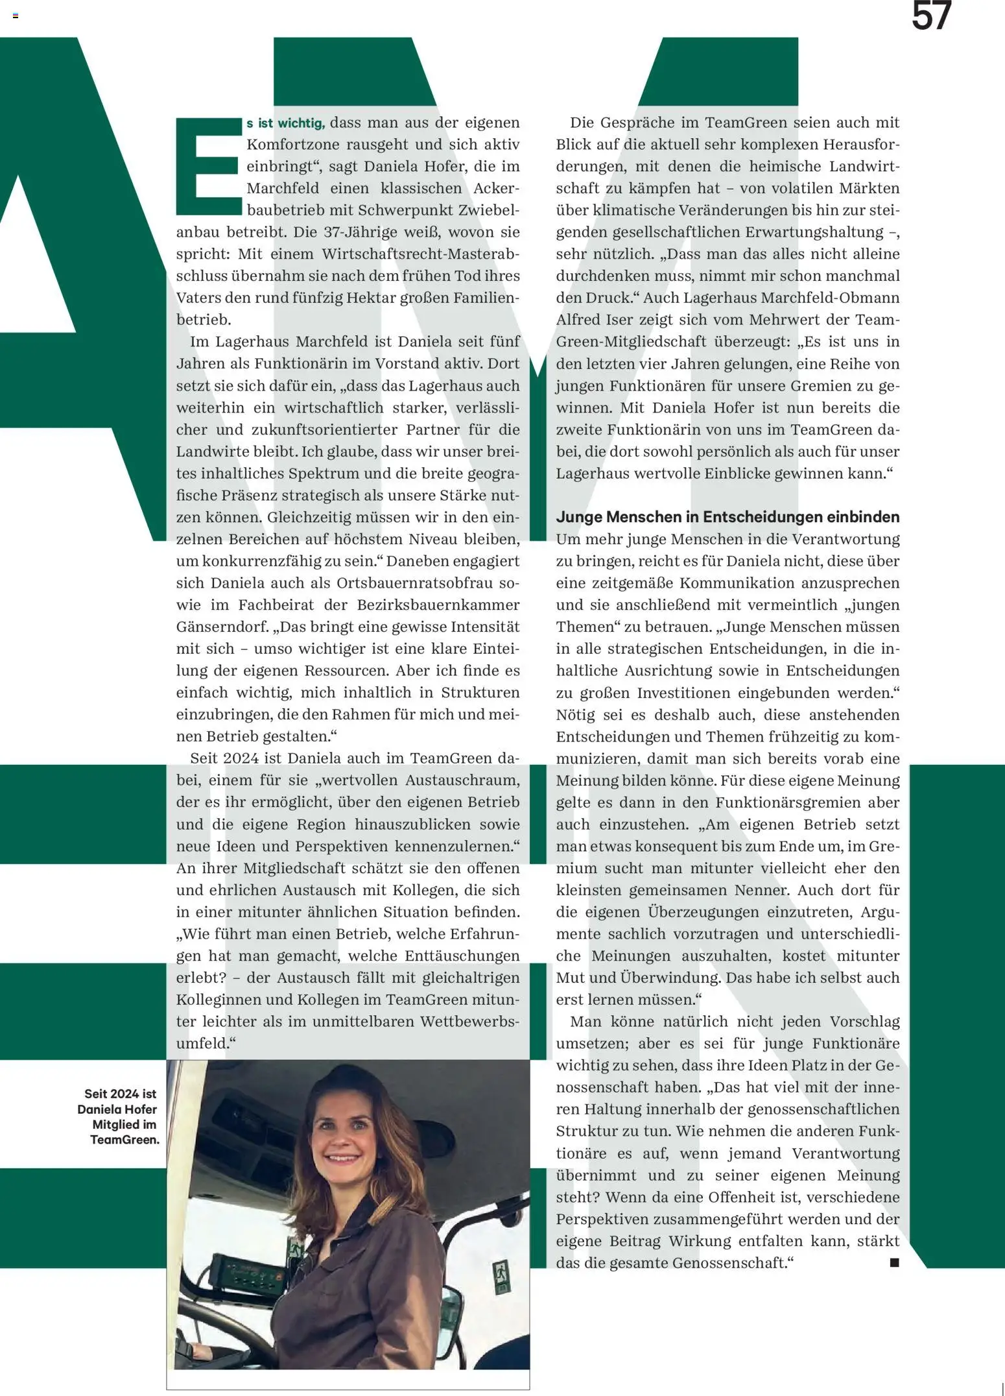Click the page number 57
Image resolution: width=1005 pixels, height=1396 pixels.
click(931, 16)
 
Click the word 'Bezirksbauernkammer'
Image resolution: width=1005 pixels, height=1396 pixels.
click(438, 605)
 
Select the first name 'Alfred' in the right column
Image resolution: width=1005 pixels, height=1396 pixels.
click(578, 320)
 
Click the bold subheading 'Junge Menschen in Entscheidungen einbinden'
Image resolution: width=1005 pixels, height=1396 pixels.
click(727, 517)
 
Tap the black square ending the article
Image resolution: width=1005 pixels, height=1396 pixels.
click(894, 1262)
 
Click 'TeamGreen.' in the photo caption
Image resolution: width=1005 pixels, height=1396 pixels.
click(124, 1140)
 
